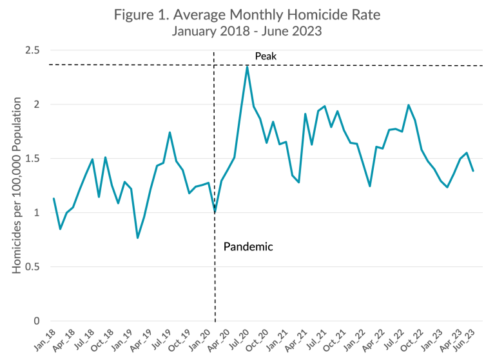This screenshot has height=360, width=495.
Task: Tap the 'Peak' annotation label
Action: [265, 57]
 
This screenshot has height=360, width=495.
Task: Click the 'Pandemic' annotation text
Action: [248, 246]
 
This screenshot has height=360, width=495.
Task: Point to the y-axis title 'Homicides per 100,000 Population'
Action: [17, 185]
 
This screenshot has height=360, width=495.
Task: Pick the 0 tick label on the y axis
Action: [37, 321]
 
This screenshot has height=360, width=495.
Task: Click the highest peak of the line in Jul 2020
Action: [247, 66]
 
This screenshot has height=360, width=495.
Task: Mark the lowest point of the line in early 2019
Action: [137, 238]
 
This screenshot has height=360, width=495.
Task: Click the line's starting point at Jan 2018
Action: [53, 198]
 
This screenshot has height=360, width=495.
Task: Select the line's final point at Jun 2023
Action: [473, 171]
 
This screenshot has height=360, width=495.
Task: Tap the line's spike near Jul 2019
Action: [170, 132]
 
